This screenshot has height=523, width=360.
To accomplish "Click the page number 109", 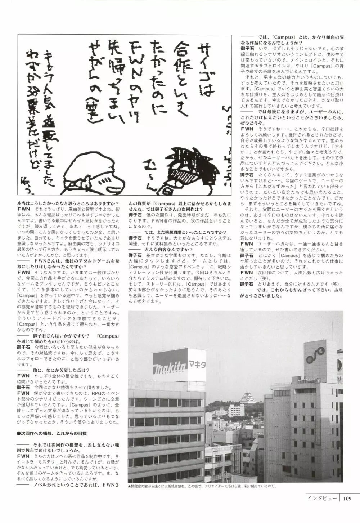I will pos(347,499).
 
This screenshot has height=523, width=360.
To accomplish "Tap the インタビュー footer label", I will pos(322,499).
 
